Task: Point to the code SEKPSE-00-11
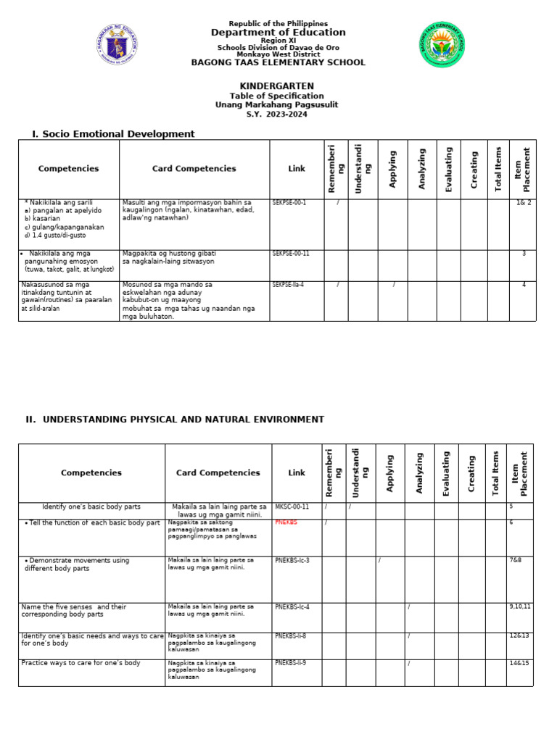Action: (x=291, y=254)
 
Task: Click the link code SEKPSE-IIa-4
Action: (x=288, y=285)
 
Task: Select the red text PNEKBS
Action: (x=286, y=522)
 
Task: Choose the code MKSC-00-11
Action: (x=292, y=507)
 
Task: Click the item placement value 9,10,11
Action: (x=520, y=606)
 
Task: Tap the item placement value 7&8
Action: (x=516, y=560)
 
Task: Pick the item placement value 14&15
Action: (x=519, y=663)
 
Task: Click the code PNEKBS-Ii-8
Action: (x=291, y=635)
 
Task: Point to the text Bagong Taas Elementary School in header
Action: (x=278, y=63)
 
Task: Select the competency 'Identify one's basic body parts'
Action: (x=91, y=507)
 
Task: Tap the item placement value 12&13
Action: (x=519, y=635)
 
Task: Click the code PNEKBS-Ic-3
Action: (x=292, y=560)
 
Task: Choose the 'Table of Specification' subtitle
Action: (x=277, y=96)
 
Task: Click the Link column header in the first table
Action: (x=297, y=169)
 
